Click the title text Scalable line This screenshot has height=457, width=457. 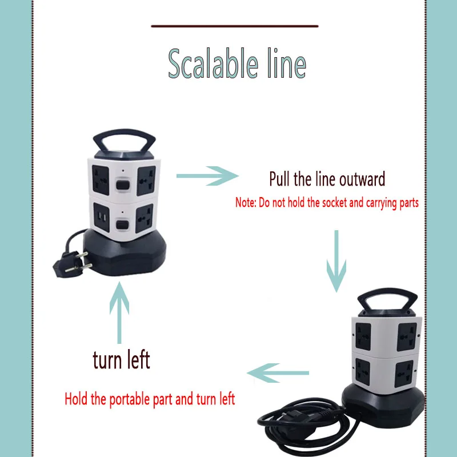[x=237, y=63]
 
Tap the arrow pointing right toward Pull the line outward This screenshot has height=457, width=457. [x=207, y=176]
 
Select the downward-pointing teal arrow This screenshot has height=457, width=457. [x=336, y=261]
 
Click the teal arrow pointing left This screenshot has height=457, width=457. [x=278, y=373]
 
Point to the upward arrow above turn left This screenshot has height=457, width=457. [x=119, y=312]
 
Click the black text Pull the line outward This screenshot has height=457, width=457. [x=327, y=179]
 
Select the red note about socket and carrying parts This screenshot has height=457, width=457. [x=327, y=203]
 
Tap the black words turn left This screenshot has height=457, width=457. [x=121, y=360]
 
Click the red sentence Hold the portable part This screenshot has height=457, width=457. [x=150, y=399]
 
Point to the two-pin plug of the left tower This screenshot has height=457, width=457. [x=73, y=264]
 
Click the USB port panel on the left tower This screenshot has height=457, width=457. [x=102, y=218]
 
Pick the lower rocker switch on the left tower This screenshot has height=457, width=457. [x=121, y=225]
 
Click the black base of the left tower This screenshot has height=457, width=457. [x=125, y=253]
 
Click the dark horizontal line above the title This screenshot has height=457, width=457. [x=235, y=26]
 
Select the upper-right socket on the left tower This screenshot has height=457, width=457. [x=146, y=181]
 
